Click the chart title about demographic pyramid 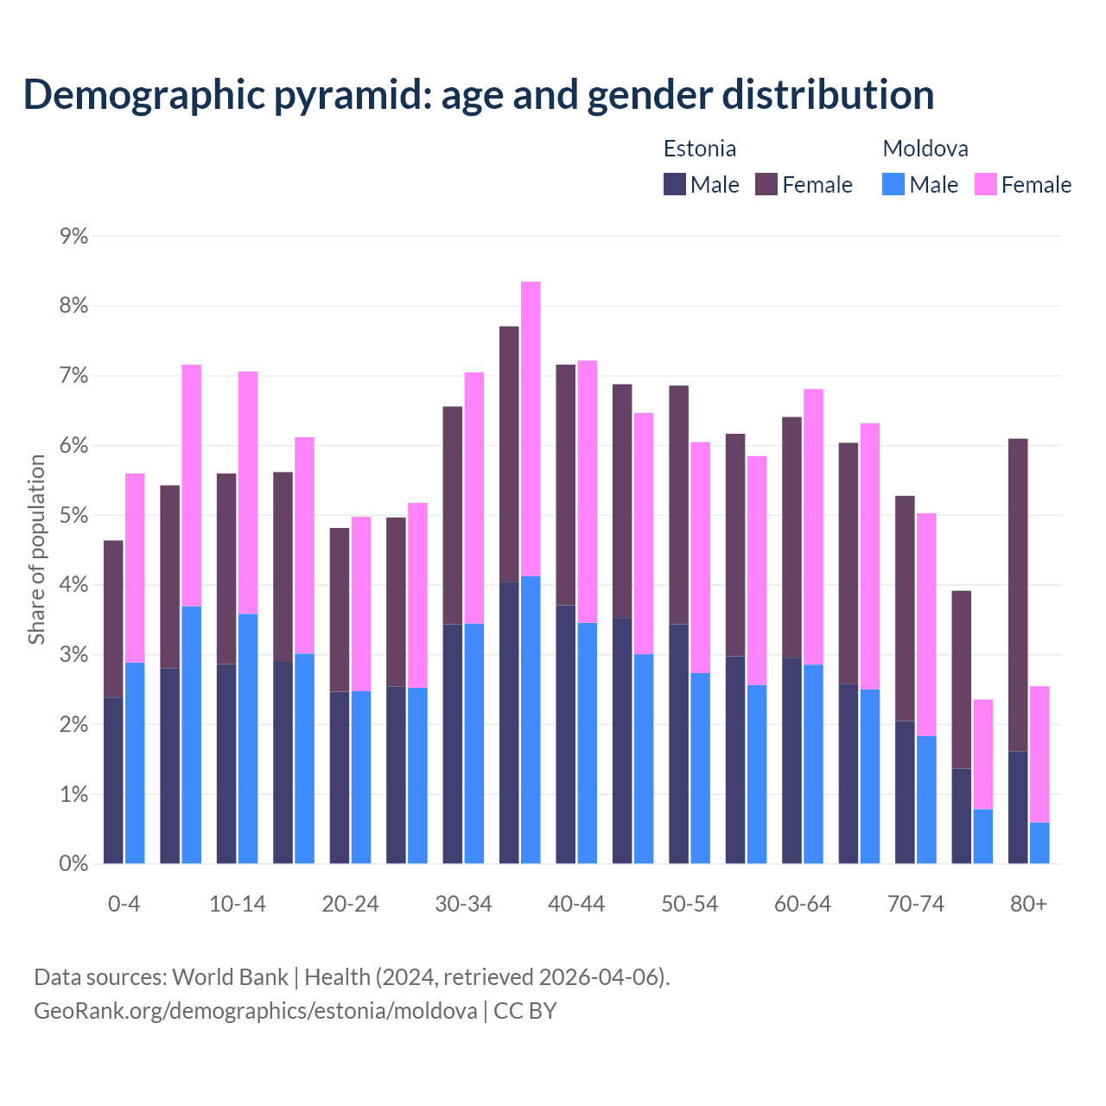click(x=479, y=94)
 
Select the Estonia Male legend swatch click(x=675, y=184)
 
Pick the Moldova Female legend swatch click(x=986, y=184)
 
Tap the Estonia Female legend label click(x=817, y=185)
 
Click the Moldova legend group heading click(x=925, y=149)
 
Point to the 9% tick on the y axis click(x=73, y=236)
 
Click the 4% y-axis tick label click(x=73, y=585)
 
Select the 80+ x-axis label click(x=1028, y=904)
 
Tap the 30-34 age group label click(x=463, y=904)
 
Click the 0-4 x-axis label click(x=124, y=904)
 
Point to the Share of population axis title click(x=36, y=550)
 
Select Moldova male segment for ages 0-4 click(x=135, y=763)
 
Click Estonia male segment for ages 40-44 click(x=566, y=734)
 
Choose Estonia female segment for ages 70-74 click(x=905, y=608)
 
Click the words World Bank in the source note click(x=230, y=977)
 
